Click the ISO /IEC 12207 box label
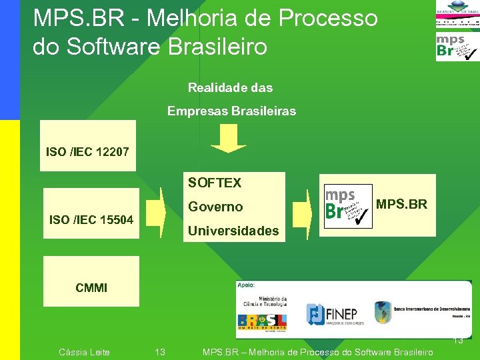[87, 152]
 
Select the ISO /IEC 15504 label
[91, 219]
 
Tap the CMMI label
[91, 288]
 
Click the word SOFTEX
[215, 183]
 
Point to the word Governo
[215, 207]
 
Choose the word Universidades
[233, 231]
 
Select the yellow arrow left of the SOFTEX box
[155, 212]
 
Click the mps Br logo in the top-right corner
[457, 47]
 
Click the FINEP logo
[331, 314]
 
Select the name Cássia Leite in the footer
[84, 352]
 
